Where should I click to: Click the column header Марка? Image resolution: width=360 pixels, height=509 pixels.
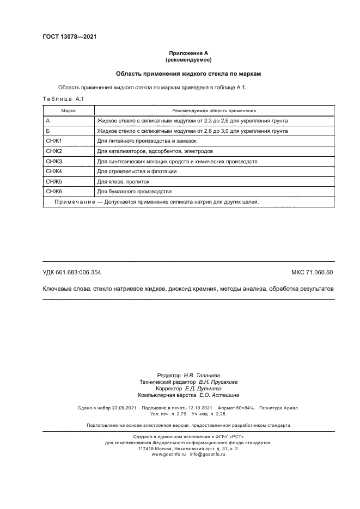[68, 110]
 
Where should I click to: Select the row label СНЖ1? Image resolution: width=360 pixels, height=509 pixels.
[54, 141]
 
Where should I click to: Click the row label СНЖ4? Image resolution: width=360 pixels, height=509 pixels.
[54, 171]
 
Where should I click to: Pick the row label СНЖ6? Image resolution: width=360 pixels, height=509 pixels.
[54, 192]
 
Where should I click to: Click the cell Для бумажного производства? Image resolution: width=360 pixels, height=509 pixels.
[134, 192]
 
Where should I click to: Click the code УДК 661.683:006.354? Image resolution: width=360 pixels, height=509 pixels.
[72, 272]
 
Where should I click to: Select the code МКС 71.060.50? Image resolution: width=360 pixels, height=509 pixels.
[312, 272]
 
